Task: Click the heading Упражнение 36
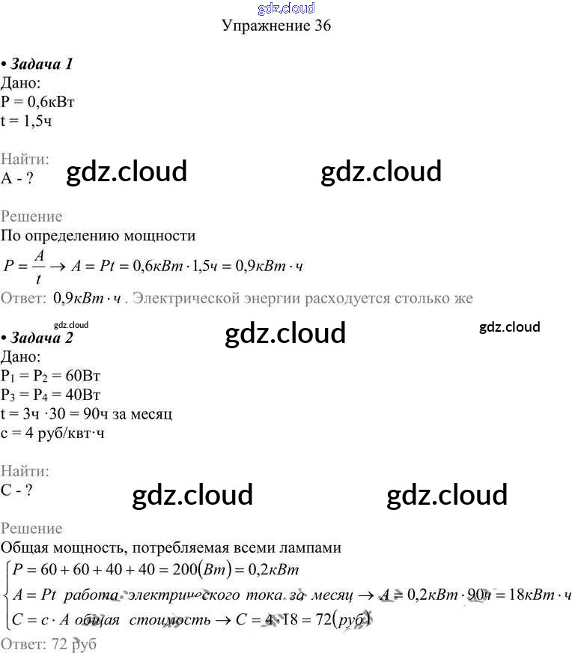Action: click(276, 26)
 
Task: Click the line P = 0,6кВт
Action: click(39, 102)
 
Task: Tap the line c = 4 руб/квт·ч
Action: click(52, 433)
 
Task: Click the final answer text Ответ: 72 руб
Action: click(49, 644)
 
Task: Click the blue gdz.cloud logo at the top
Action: click(285, 8)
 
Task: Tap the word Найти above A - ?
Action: click(25, 159)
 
